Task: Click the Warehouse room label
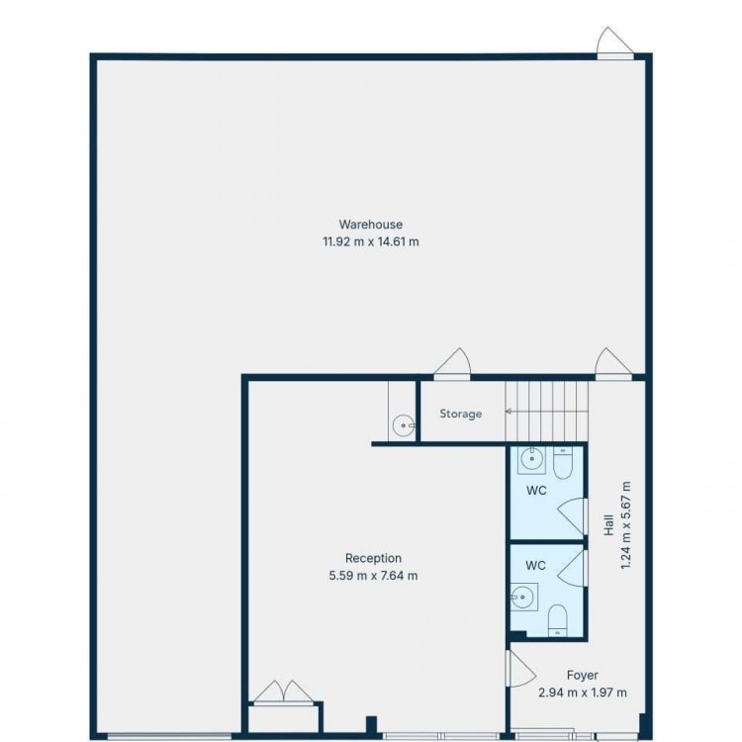(371, 225)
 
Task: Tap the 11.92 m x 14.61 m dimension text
(371, 241)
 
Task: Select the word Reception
(373, 558)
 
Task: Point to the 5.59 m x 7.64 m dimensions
(373, 576)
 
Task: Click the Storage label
(460, 414)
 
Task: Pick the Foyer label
(582, 676)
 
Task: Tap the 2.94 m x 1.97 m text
(583, 693)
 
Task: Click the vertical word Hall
(608, 525)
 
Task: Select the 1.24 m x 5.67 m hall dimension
(625, 525)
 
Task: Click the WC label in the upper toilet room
(536, 491)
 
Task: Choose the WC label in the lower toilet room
(535, 566)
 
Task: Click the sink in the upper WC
(531, 459)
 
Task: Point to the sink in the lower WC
(523, 598)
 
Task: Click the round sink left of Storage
(404, 425)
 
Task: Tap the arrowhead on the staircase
(509, 412)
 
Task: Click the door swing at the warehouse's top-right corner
(614, 42)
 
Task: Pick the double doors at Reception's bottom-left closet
(283, 692)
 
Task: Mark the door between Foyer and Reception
(519, 668)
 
